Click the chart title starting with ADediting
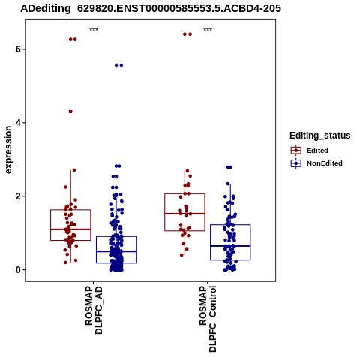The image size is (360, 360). (x=151, y=9)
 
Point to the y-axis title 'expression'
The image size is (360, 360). (x=8, y=150)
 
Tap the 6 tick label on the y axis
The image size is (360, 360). (x=18, y=49)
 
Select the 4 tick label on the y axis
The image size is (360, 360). (x=18, y=123)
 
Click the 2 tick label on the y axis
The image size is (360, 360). (x=18, y=196)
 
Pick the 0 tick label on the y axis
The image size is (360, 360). (x=18, y=270)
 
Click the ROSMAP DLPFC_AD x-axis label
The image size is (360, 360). (x=94, y=310)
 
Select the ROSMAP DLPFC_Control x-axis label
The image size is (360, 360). (x=208, y=319)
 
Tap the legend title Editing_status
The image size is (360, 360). (x=320, y=136)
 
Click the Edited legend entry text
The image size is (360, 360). (x=317, y=151)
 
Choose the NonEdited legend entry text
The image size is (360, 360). (x=325, y=163)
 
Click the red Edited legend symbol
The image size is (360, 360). (x=296, y=151)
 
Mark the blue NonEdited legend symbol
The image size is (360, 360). (x=296, y=163)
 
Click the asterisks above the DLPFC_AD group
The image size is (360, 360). (x=94, y=29)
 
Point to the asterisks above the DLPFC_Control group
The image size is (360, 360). (x=208, y=29)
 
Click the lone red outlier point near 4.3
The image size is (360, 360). (x=70, y=111)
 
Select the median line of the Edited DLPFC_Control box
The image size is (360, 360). (x=184, y=214)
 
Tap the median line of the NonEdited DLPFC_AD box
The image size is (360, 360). (x=116, y=251)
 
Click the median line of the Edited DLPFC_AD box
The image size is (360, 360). (x=70, y=229)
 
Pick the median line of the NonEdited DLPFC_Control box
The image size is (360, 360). (x=230, y=246)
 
